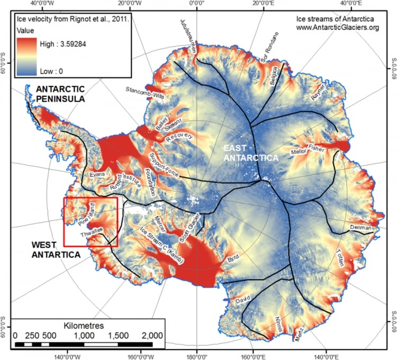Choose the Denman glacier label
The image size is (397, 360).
pyautogui.click(x=362, y=227)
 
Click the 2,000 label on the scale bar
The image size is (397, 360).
pyautogui.click(x=152, y=335)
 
